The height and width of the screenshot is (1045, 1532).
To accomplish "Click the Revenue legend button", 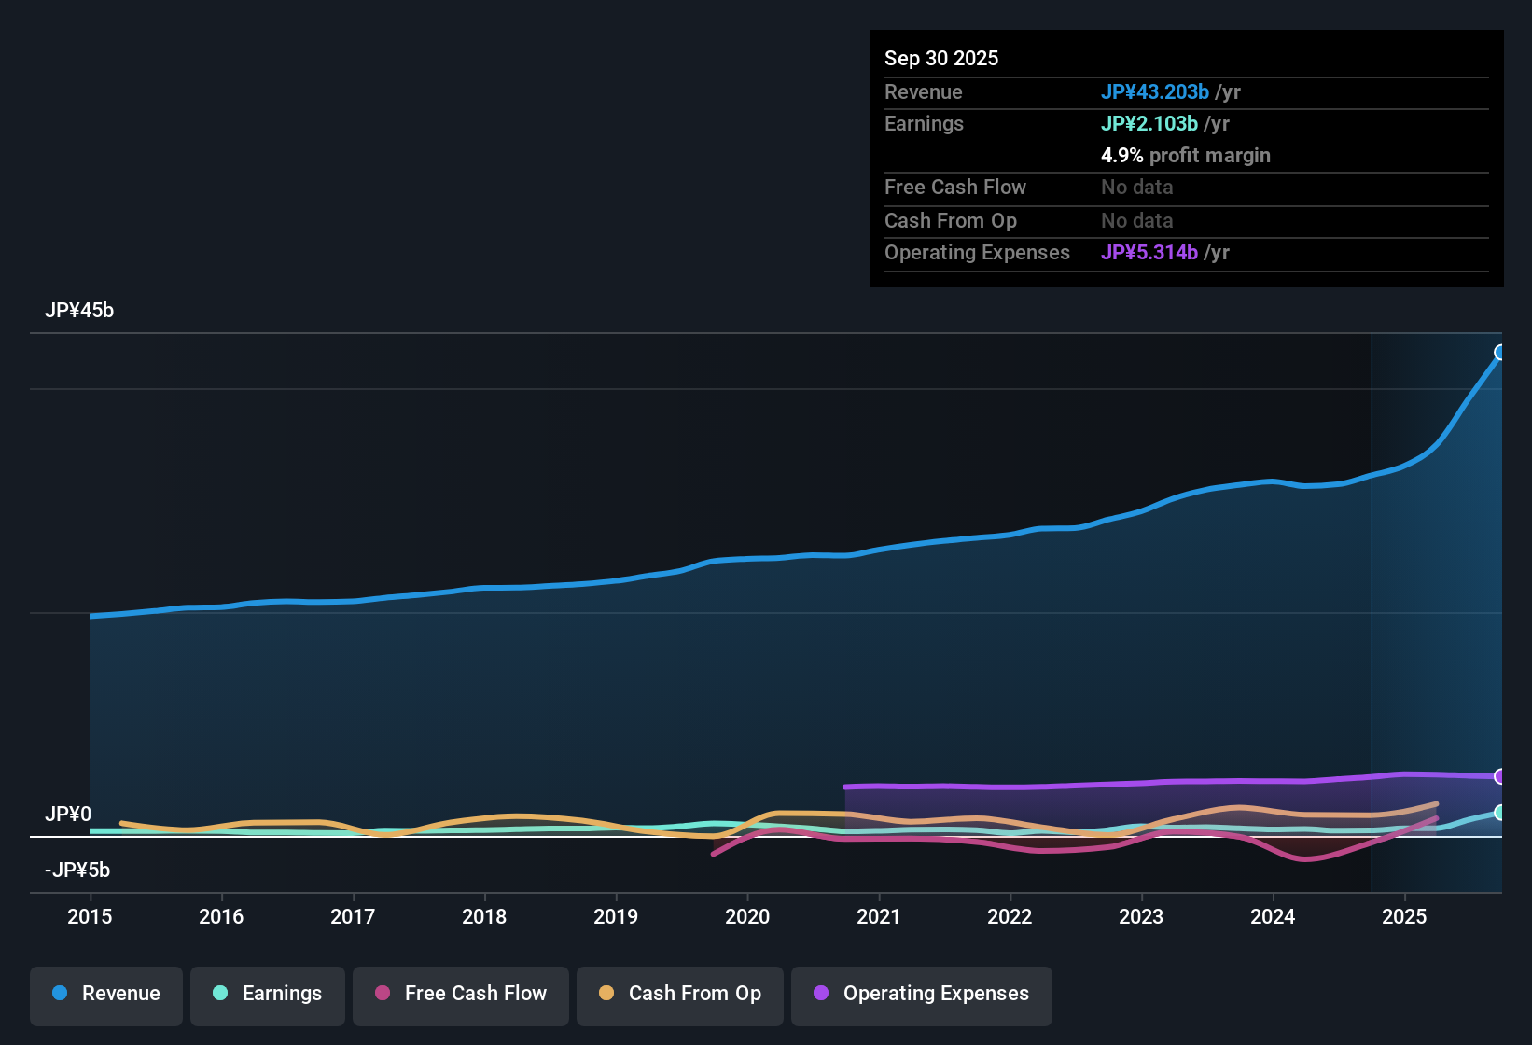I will point(106,994).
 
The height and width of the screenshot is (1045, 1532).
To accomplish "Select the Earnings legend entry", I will point(268,994).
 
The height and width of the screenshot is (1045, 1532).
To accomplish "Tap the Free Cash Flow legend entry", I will point(461,994).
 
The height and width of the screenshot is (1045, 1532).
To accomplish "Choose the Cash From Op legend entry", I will point(680,994).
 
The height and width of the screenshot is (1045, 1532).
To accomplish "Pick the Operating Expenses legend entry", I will point(922,994).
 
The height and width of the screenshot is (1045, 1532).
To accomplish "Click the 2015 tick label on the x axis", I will point(90,916).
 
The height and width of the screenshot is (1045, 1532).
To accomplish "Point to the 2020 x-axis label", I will point(747,916).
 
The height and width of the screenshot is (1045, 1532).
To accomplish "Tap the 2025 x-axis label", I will point(1404,916).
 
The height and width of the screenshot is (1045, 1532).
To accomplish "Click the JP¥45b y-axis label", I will point(79,311).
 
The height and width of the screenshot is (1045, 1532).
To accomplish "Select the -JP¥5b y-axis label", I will point(77,871).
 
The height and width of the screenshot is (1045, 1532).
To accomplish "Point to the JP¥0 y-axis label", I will point(68,815).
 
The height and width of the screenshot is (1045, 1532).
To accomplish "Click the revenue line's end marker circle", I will point(1500,353).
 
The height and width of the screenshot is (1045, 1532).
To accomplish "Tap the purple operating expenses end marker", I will point(1500,776).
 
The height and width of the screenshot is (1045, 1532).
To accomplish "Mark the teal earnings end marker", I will point(1500,813).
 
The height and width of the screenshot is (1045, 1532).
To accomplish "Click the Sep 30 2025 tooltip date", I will point(941,58).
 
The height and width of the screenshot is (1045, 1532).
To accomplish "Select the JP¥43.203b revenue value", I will point(1155,91).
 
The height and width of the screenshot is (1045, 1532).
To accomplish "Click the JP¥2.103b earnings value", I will point(1149,123).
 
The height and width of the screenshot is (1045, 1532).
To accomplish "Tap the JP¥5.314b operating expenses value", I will point(1149,252).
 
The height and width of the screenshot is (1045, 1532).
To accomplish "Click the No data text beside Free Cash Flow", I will point(1137,187).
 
